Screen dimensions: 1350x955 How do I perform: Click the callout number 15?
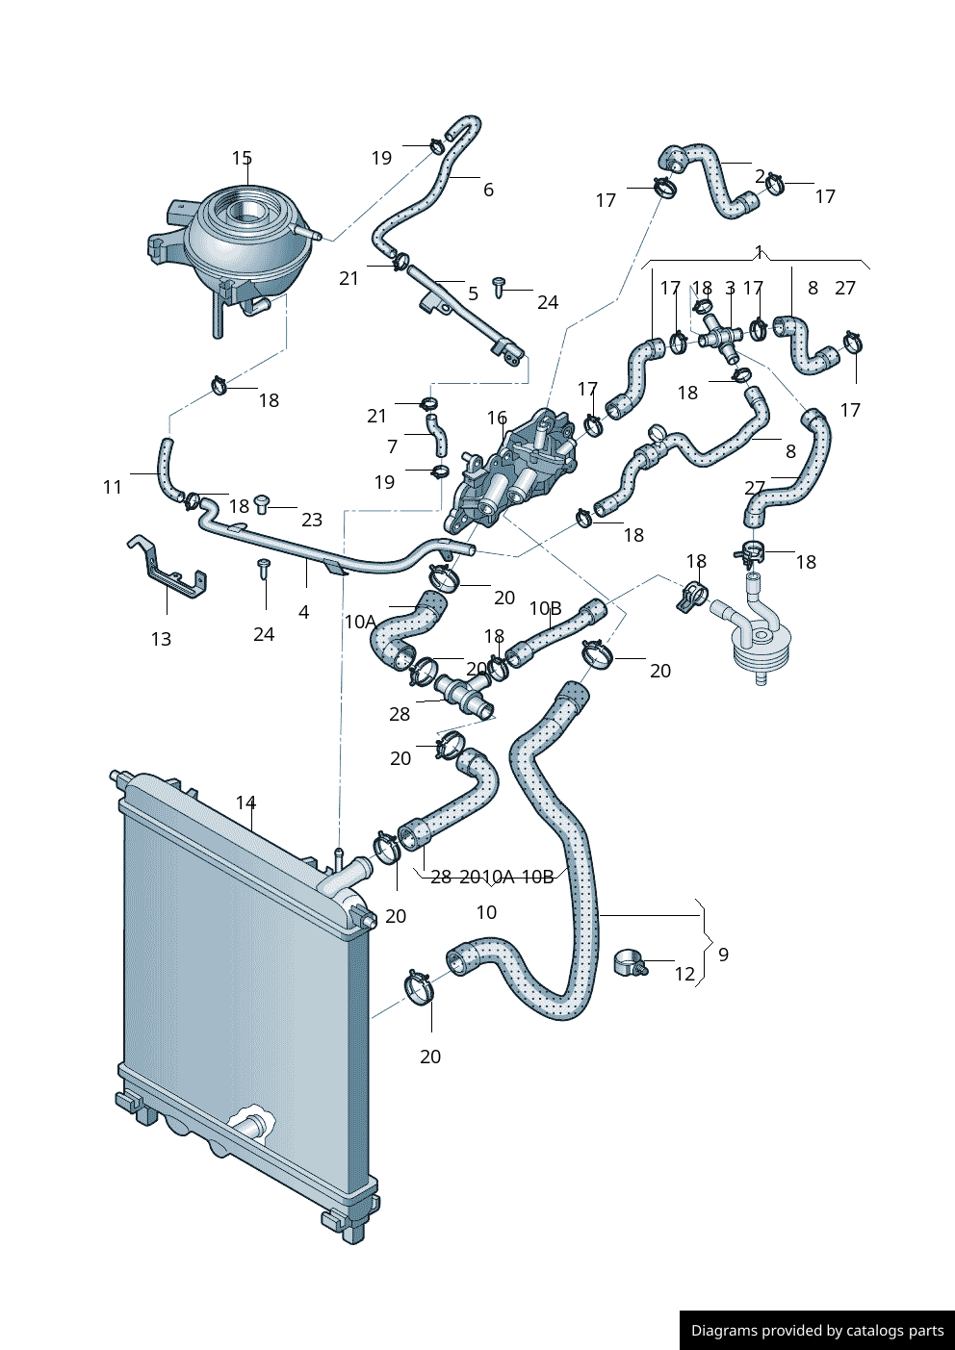point(242,158)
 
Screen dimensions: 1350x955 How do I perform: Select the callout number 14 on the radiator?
point(245,802)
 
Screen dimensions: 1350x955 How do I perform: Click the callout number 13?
point(161,639)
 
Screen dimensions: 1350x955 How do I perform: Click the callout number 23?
point(312,520)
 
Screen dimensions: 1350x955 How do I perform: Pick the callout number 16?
point(497,418)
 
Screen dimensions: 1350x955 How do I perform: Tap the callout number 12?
point(684,974)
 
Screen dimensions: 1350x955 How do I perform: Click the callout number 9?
point(723,955)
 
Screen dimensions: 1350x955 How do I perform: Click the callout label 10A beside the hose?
point(360,622)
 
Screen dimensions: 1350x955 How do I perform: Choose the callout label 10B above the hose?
point(545,608)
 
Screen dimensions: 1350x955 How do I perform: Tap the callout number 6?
point(488,190)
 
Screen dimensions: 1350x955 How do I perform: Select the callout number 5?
point(473,293)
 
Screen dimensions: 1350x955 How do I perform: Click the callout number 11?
point(113,487)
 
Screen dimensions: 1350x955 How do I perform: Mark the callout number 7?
point(392,446)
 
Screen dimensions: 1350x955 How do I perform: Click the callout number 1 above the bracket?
point(759,252)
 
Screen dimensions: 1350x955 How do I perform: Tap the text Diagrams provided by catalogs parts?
point(817,1331)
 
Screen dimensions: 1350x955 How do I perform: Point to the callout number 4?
point(304,612)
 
